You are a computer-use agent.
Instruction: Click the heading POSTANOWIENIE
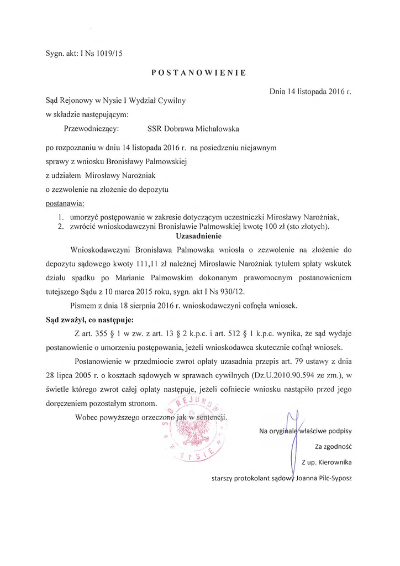pos(199,73)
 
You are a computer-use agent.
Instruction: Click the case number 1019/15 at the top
pos(107,54)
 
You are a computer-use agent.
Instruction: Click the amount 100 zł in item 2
pos(271,227)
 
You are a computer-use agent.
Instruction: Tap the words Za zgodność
pos(334,446)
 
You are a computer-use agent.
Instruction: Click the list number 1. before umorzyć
pos(61,217)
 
